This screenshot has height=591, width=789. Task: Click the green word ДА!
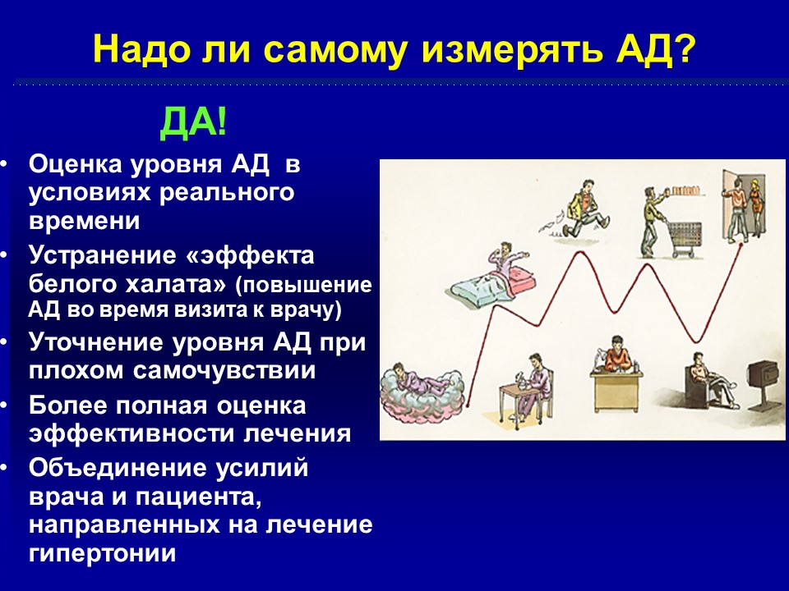[194, 122]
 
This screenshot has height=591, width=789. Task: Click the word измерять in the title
[512, 50]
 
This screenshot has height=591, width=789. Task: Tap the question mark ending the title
[685, 48]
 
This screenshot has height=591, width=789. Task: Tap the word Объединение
[118, 469]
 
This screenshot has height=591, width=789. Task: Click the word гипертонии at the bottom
[102, 553]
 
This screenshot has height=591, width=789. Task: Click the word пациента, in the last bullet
[198, 498]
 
